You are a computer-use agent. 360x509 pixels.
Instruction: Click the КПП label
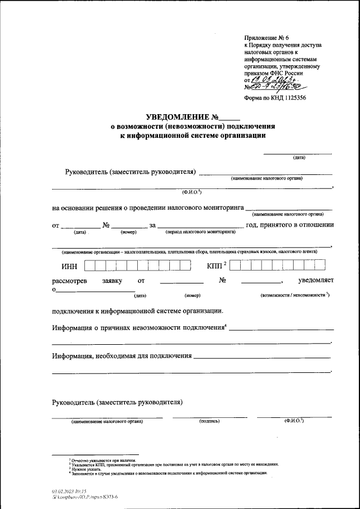[x=216, y=265]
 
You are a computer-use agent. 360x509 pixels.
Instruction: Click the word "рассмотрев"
[x=69, y=280]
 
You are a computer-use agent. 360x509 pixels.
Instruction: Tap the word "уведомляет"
[x=316, y=280]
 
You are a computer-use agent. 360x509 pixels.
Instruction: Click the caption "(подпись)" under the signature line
[x=209, y=421]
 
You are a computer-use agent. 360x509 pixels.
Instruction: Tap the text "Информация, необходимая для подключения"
[x=122, y=356]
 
